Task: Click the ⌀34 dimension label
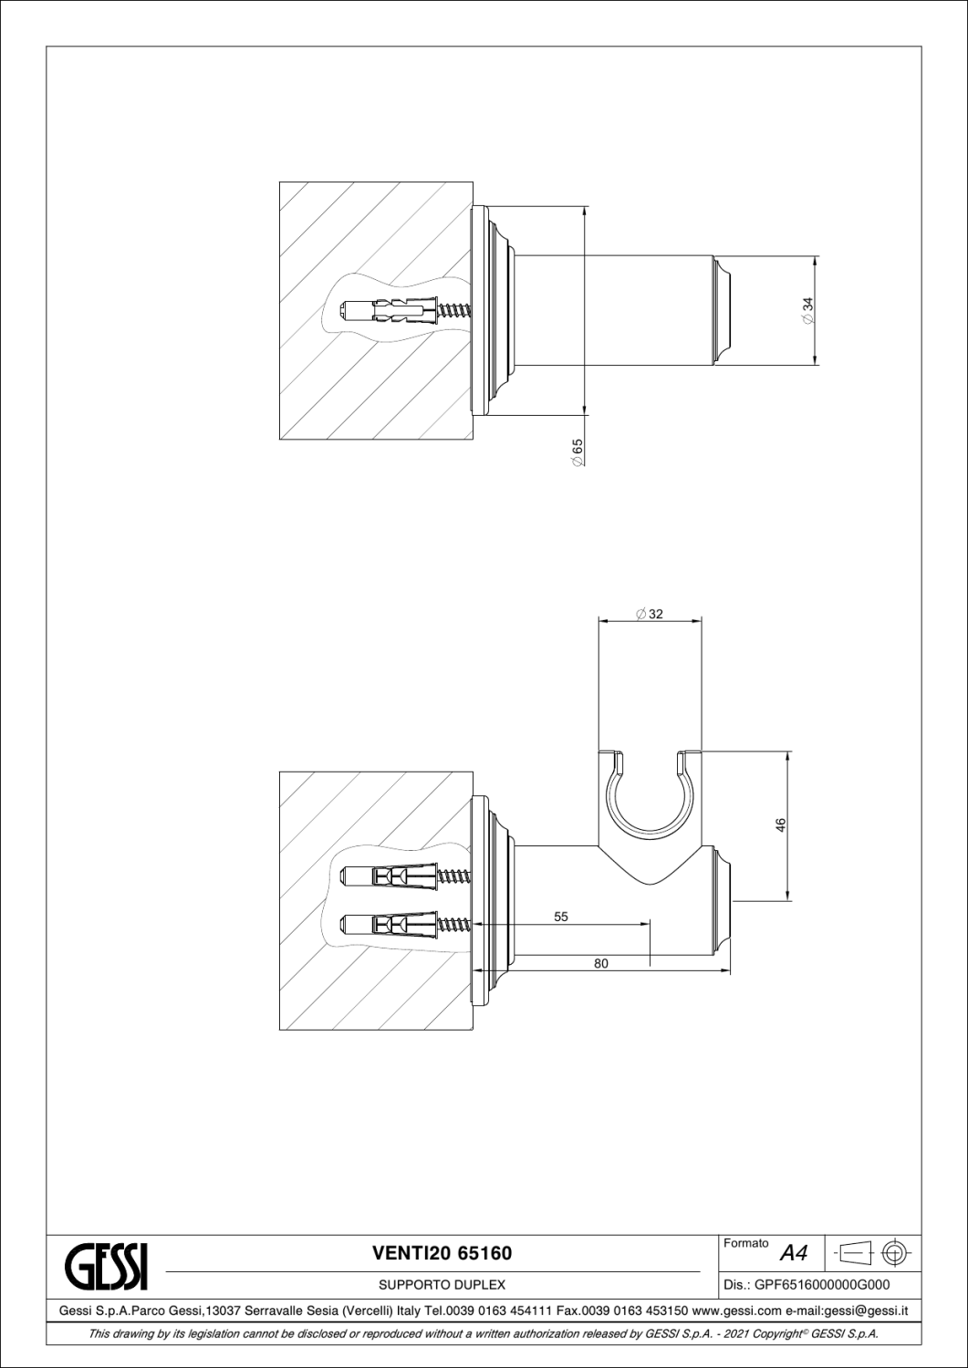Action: click(808, 311)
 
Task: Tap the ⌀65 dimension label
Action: click(578, 453)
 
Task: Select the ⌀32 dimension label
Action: click(649, 614)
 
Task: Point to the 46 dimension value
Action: click(780, 824)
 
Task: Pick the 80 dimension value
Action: click(601, 963)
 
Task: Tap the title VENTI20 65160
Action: click(442, 1253)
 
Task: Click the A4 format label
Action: click(794, 1253)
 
